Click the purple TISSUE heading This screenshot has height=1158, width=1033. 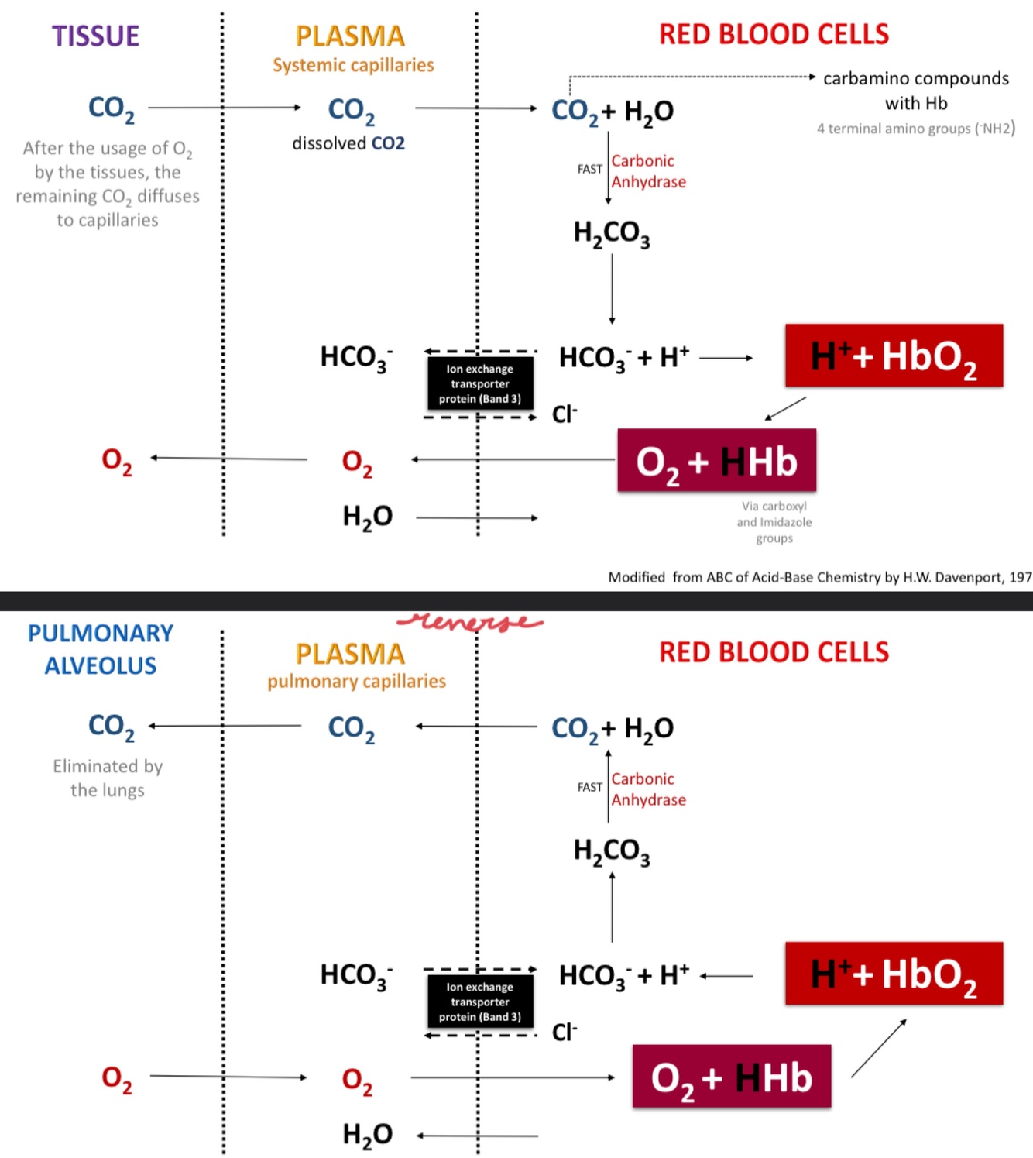95,36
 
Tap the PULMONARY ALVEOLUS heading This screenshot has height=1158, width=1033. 101,649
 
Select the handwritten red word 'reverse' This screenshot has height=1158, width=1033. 470,621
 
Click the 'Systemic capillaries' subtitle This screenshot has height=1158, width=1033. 353,65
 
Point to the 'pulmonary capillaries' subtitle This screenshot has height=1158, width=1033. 356,681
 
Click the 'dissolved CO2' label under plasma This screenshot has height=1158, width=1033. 348,143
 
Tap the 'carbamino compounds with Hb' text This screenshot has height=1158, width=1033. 916,91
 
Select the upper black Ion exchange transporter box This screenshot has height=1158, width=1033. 480,383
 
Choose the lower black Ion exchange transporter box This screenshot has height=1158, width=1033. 480,1002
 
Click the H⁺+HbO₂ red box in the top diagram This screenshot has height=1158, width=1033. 894,356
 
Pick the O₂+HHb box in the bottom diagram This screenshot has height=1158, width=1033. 732,1077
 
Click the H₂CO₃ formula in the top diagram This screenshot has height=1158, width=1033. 612,233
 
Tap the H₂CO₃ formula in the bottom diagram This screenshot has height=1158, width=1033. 612,851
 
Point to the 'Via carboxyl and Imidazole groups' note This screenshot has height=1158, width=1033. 774,522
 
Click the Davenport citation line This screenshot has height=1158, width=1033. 819,577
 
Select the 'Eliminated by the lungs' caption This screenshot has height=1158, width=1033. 108,778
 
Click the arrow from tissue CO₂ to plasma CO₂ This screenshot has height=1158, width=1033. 224,108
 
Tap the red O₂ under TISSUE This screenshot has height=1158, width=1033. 117,460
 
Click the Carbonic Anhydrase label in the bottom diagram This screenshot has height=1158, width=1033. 648,789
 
